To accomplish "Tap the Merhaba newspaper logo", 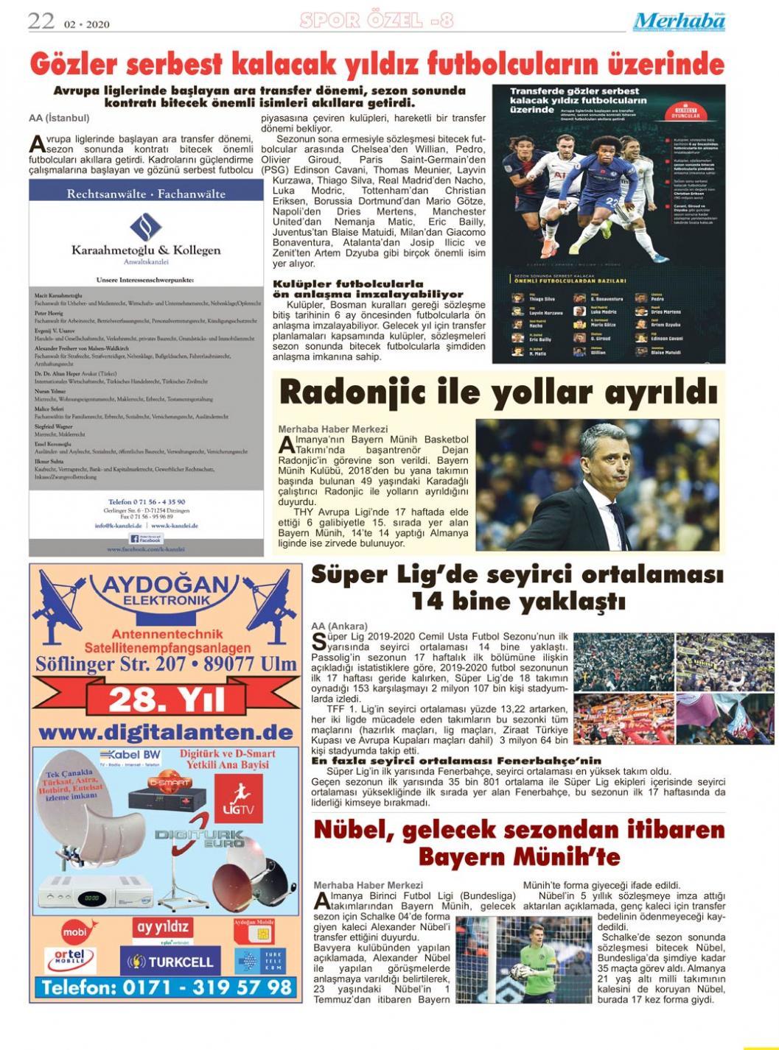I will click(x=679, y=21).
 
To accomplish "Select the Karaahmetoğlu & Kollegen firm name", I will click(x=146, y=250).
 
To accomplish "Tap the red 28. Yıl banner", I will click(x=167, y=699).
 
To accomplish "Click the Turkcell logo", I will click(x=172, y=962).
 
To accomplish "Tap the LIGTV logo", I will click(x=238, y=798).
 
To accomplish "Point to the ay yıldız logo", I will click(x=163, y=928).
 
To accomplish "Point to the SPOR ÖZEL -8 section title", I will click(x=376, y=21).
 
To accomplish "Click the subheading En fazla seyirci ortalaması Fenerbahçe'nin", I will click(x=456, y=761).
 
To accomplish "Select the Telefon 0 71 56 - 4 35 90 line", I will click(x=146, y=501).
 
